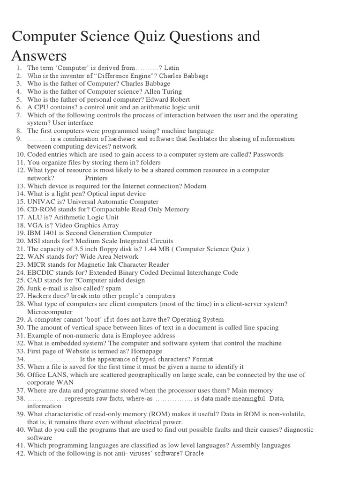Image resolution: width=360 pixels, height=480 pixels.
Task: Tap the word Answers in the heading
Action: [39, 56]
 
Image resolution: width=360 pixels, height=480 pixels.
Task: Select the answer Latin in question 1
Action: [172, 68]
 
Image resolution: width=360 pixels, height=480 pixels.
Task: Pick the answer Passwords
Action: [268, 154]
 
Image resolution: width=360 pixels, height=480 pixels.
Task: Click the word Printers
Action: [97, 178]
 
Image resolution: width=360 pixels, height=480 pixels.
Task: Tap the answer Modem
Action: [195, 186]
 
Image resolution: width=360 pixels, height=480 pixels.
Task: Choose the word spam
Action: [114, 288]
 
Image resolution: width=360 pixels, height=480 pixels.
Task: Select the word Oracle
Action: [194, 453]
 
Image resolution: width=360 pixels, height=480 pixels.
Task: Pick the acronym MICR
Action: [36, 264]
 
